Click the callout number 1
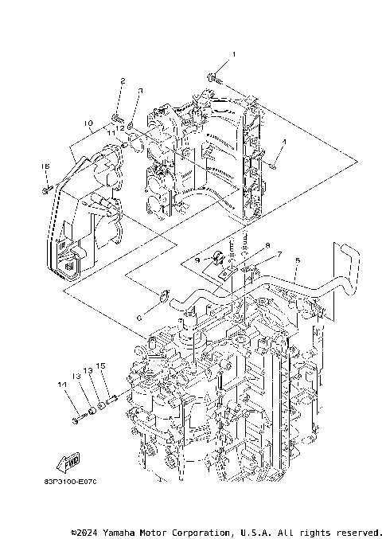(234, 54)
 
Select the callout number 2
(123, 81)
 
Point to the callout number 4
(283, 142)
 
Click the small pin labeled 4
(273, 165)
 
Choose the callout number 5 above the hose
(297, 260)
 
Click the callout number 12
(119, 127)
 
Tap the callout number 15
(101, 367)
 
